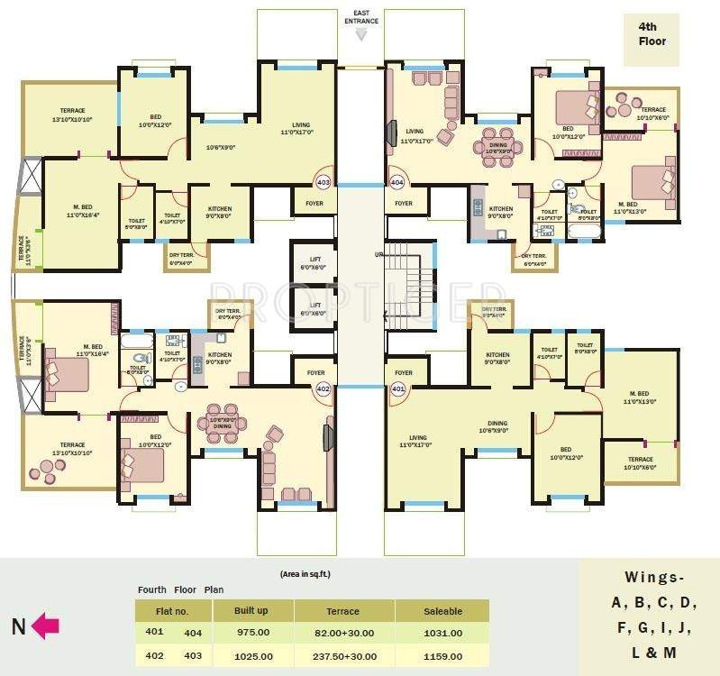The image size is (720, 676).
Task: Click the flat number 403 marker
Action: (324, 182)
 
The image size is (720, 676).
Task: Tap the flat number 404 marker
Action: (397, 182)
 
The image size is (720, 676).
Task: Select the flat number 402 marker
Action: (324, 388)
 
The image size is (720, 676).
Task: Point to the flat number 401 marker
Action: (397, 388)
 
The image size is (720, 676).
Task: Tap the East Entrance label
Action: (360, 16)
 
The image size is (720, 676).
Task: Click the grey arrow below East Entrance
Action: (360, 34)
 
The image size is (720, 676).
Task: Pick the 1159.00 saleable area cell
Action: (442, 657)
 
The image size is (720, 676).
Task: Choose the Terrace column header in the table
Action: (343, 611)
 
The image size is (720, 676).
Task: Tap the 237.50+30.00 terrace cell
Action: (343, 657)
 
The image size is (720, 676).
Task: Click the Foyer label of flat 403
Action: (314, 204)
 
